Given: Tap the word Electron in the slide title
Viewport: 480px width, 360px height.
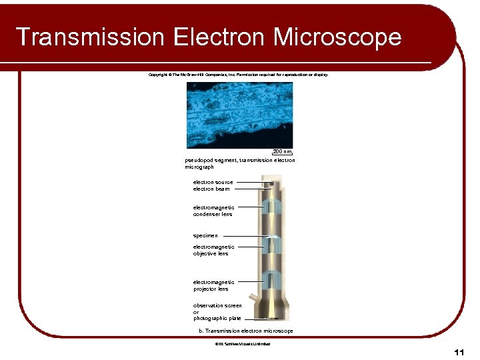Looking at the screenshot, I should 218,37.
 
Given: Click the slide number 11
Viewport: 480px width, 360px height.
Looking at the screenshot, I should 458,351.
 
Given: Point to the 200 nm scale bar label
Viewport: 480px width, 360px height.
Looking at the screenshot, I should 283,153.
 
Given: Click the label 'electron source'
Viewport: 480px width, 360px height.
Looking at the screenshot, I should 213,182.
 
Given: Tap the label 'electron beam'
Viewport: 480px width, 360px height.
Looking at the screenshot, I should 211,189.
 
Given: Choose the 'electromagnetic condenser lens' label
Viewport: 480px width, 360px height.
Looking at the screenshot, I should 213,211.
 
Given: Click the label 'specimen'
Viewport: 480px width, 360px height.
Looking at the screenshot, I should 205,235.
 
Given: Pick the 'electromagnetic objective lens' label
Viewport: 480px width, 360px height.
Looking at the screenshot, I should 213,250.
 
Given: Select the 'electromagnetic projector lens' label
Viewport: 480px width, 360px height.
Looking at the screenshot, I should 213,285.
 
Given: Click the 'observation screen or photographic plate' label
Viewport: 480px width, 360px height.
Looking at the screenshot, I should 217,312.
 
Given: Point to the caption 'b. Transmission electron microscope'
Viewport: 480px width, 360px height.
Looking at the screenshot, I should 246,331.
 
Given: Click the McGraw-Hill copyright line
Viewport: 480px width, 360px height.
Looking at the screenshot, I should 238,75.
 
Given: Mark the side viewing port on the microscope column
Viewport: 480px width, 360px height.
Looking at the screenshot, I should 253,299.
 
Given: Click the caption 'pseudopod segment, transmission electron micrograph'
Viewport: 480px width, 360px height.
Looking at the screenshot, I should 239,163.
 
